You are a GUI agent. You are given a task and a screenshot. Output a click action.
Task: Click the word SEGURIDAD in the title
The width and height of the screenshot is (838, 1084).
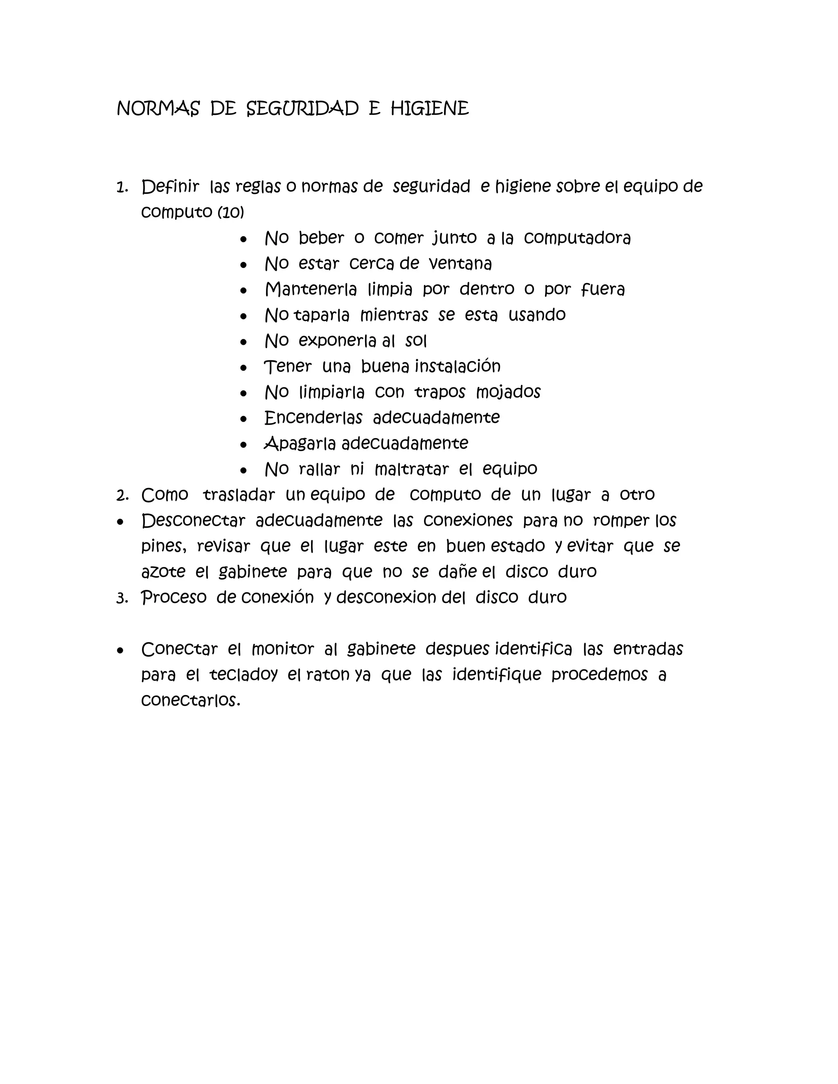coord(302,109)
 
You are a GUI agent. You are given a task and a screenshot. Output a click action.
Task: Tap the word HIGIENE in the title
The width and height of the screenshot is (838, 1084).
coord(429,109)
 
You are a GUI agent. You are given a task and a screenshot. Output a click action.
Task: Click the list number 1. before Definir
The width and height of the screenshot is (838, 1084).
coord(122,188)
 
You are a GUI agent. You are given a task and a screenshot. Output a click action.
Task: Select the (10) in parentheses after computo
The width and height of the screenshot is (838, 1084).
coord(231,212)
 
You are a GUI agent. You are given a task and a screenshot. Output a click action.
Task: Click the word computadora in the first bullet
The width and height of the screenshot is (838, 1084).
coord(577,238)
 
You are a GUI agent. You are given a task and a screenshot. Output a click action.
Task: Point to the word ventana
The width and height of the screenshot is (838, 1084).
coord(460,263)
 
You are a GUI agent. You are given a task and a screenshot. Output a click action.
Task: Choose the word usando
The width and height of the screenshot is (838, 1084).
coord(537,315)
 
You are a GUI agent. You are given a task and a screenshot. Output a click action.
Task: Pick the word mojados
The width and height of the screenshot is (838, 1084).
coord(508,393)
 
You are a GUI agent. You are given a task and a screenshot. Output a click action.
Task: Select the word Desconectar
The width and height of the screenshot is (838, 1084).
coord(193,521)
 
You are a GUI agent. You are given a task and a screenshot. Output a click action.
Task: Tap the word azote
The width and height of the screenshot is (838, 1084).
coord(163,572)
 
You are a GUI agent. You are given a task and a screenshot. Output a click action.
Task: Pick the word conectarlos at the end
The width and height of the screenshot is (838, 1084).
coord(190,700)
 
